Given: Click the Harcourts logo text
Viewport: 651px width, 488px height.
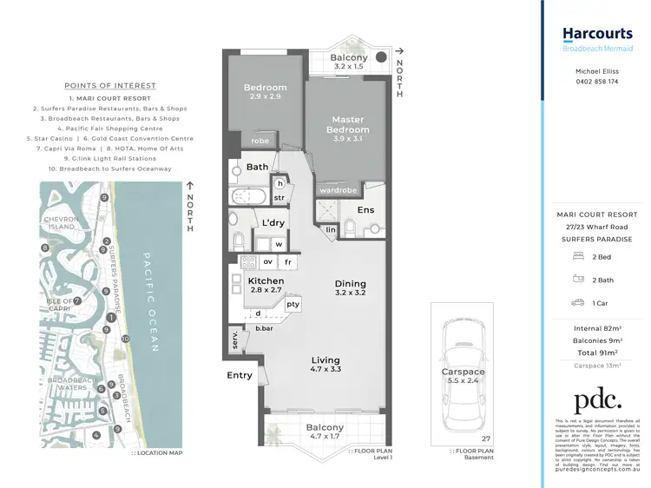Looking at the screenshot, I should pos(597,35).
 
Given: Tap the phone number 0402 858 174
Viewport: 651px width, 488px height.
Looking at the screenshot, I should pos(597,82).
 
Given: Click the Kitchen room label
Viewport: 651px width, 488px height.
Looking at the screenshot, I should pos(266,283).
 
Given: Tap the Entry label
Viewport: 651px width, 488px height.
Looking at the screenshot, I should pos(240,376).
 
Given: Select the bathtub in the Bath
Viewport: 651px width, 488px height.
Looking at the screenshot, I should pos(251,194).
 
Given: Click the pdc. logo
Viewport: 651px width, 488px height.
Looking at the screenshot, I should pos(597,399).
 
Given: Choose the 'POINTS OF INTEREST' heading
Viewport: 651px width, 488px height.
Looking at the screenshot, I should pos(110,86).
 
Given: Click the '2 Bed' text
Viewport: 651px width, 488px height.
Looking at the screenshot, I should pos(602,257).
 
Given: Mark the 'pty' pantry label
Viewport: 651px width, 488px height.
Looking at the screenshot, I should pos(293,305).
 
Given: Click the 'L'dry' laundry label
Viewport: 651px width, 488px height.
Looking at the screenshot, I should pos(273,223).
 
